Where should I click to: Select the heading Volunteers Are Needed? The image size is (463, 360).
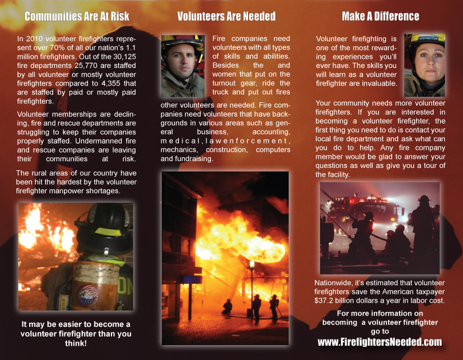point(226,16)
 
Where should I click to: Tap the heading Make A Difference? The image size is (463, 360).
point(380,16)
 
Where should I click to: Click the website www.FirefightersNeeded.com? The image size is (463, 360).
point(380,342)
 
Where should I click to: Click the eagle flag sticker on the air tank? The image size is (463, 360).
point(87,294)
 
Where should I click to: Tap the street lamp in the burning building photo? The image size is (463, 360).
point(252,265)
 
